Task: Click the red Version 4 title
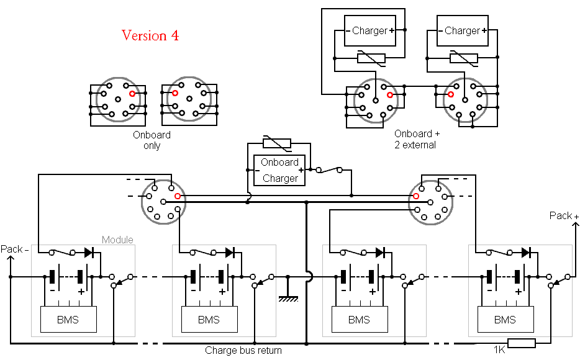tap(150, 35)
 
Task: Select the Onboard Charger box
tap(279, 170)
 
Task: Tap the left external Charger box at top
tap(370, 30)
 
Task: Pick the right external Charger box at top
tap(463, 30)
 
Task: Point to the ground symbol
tap(288, 297)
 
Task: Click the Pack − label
tap(14, 249)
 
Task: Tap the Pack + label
tap(564, 215)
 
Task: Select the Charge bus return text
tap(243, 351)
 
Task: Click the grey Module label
tap(117, 240)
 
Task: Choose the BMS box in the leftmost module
tap(68, 320)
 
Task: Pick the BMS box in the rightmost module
tap(504, 320)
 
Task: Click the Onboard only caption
tap(152, 140)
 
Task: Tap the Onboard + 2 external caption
tap(417, 139)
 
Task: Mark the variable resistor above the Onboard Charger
tap(277, 144)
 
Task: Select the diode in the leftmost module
tap(89, 252)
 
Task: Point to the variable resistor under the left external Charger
tap(371, 58)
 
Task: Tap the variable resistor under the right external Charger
tap(464, 58)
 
